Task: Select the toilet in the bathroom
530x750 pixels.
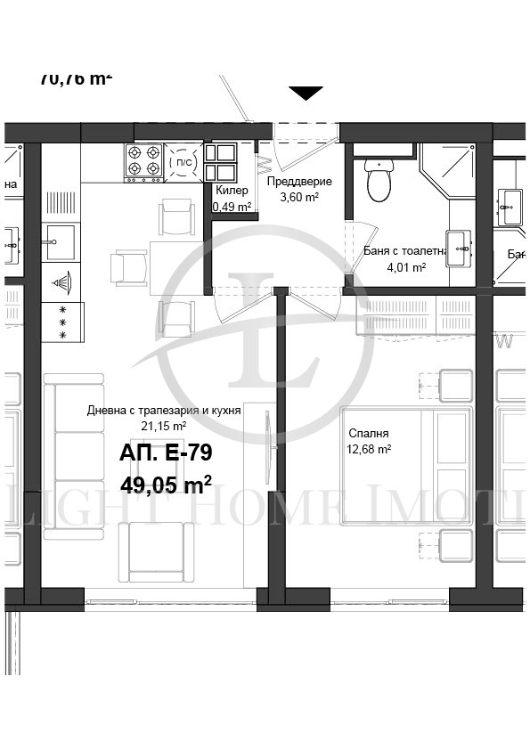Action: tap(379, 181)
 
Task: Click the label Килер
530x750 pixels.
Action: tap(232, 190)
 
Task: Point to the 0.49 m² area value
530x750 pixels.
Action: tap(232, 207)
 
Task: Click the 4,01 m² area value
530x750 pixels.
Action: tap(406, 266)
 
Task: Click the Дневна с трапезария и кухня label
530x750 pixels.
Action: tap(164, 411)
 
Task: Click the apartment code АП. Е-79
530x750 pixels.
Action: tap(165, 453)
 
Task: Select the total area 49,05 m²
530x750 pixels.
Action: tap(165, 484)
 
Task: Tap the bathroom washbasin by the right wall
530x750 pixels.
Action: tap(461, 249)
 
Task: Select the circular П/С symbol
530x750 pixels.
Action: tap(181, 162)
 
